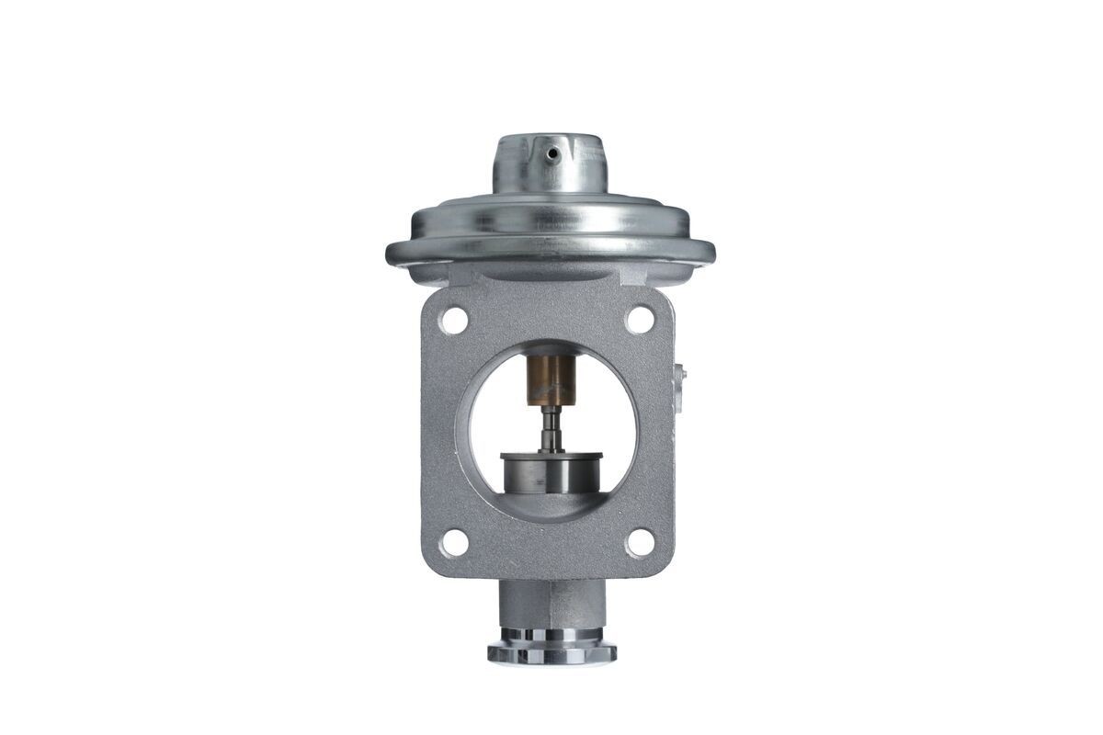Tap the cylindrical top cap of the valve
[550, 165]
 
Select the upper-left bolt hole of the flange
[452, 320]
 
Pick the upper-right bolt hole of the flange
[640, 319]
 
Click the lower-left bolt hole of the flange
[453, 543]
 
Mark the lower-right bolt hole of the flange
[640, 542]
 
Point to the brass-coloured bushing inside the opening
[551, 379]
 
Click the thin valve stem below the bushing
[550, 427]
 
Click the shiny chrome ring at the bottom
[551, 652]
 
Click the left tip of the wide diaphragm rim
[390, 251]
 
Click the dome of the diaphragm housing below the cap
[550, 217]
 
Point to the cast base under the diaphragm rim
[550, 276]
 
